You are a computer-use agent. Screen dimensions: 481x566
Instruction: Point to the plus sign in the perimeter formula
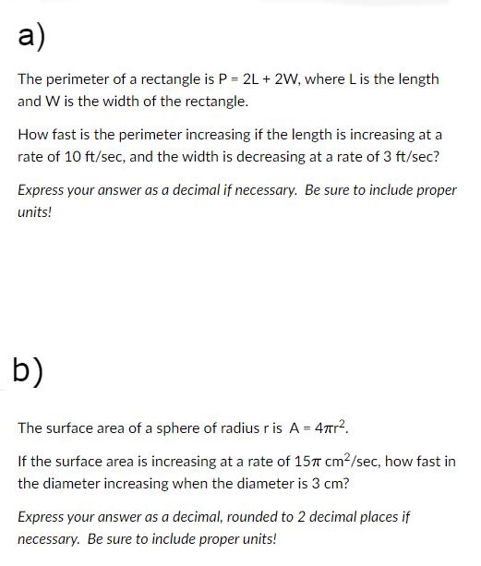pyautogui.click(x=256, y=79)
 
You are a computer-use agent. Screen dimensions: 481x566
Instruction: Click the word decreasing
pyautogui.click(x=269, y=157)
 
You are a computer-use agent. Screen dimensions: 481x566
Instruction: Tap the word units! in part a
pyautogui.click(x=35, y=212)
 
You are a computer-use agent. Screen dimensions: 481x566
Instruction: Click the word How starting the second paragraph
pyautogui.click(x=33, y=135)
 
